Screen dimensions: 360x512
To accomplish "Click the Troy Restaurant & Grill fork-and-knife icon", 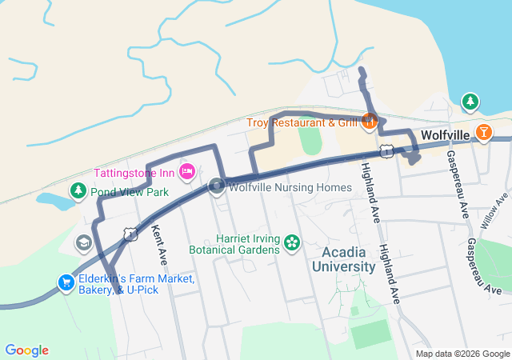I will coord(370,122).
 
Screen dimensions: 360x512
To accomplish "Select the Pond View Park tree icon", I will coord(78,191).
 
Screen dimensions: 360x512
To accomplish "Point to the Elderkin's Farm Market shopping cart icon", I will coord(66,282).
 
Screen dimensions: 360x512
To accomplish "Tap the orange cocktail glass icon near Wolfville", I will coord(483,132).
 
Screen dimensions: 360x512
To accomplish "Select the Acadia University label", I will coord(348,259).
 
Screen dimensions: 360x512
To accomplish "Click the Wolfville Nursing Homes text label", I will coord(290,188).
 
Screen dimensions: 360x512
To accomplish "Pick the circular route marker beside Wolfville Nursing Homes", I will coord(217,187).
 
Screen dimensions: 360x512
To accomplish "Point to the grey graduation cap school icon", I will coord(83,242).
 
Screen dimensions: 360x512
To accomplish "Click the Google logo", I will coord(26,350).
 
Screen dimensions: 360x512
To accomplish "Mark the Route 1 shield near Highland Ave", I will coord(386,150).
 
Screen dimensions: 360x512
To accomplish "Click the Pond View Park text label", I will coord(129,192).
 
